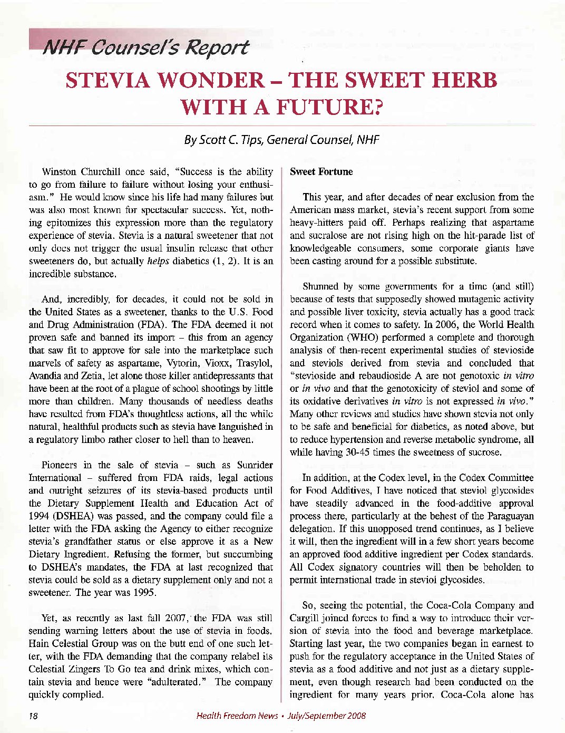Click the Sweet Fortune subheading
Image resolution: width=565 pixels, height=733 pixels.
[321, 172]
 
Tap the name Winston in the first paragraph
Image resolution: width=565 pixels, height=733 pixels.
[59, 172]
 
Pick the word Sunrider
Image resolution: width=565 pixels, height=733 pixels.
[255, 465]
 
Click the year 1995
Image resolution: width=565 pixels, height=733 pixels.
[144, 592]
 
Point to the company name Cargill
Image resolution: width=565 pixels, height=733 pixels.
[304, 618]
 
